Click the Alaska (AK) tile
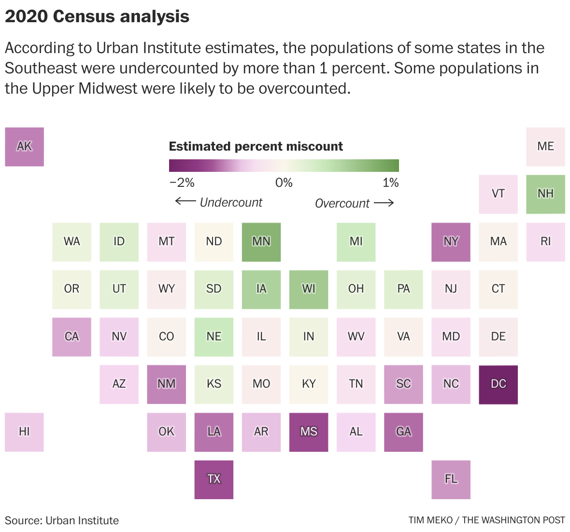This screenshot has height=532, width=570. tap(24, 147)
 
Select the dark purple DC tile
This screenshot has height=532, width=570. tap(498, 384)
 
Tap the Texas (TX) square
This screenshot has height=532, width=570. tap(214, 479)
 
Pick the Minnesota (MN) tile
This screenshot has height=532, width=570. tap(261, 242)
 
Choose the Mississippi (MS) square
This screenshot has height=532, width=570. tap(308, 432)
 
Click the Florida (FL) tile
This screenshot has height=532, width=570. tap(451, 479)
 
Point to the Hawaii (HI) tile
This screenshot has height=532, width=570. tap(24, 432)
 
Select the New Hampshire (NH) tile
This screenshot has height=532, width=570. tap(545, 194)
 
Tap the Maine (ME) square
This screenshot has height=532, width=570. tap(545, 147)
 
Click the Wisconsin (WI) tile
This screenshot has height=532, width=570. tap(308, 289)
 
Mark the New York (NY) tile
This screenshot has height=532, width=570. tap(451, 242)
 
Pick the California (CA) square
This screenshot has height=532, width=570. tap(71, 337)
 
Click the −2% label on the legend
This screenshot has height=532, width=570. tap(182, 183)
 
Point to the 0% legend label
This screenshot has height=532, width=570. tap(284, 183)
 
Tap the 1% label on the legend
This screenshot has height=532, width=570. tap(390, 183)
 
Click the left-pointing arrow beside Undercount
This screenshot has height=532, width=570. tap(185, 201)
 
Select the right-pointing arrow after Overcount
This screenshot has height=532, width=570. tap(384, 203)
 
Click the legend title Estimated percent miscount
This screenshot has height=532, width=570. tap(256, 146)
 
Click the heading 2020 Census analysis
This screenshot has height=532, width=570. tap(97, 16)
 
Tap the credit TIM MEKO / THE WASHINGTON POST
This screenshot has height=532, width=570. tap(486, 520)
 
